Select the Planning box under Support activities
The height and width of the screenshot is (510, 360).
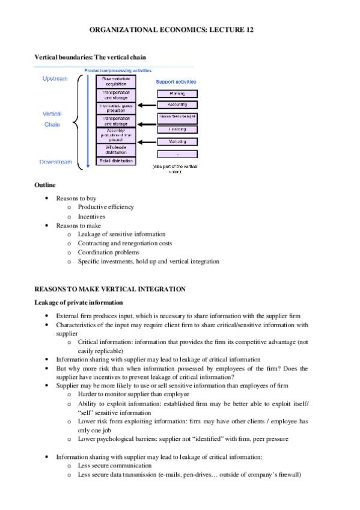(177, 94)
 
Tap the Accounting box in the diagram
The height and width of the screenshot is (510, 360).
(177, 104)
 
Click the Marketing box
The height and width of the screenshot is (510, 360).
(177, 142)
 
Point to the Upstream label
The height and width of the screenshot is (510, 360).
(55, 79)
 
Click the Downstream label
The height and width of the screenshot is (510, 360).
(56, 162)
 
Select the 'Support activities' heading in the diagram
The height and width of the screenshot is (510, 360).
(176, 82)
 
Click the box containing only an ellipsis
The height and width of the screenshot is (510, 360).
(177, 154)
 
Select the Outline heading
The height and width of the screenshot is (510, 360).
(44, 185)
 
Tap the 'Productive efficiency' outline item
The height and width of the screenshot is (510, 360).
(106, 207)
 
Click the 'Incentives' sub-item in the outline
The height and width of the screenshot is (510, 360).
(91, 216)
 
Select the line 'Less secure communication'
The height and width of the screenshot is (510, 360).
(114, 465)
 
